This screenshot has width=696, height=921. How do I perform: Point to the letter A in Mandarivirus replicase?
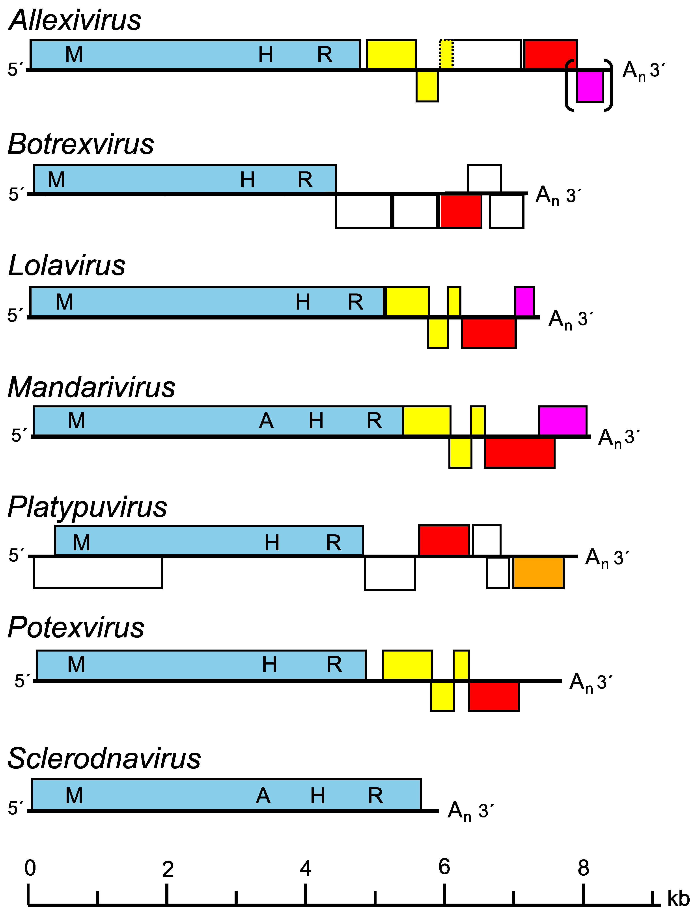(266, 421)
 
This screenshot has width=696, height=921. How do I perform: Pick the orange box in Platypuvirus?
(538, 572)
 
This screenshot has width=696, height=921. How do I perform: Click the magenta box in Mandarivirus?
(563, 421)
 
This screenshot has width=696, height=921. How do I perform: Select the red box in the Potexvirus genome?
(494, 696)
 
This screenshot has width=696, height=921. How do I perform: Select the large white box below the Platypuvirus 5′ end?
(97, 572)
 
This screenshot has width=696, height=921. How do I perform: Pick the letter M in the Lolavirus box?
(65, 302)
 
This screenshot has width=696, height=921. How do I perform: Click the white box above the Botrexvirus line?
(484, 179)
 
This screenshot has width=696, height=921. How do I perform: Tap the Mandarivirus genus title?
(92, 387)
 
